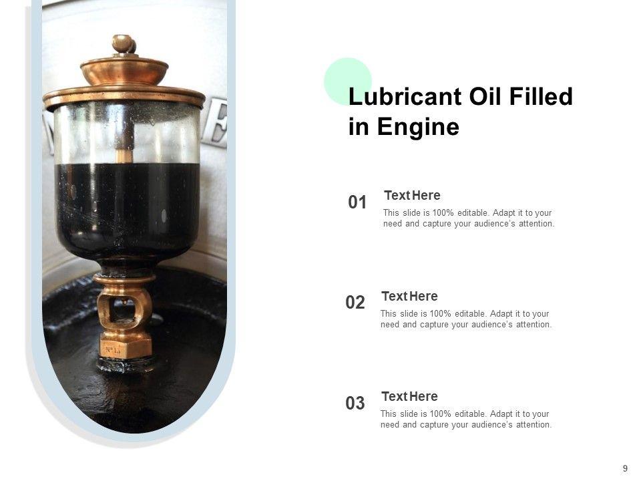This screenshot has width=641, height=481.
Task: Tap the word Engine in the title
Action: (418, 127)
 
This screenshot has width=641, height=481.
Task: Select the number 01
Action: (357, 202)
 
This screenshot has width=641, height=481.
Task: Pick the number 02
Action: (355, 303)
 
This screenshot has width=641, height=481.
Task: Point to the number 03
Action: (355, 404)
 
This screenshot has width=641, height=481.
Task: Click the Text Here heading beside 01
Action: (412, 196)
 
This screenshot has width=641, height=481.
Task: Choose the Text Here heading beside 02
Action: (409, 296)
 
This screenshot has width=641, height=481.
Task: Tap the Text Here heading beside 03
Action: (409, 396)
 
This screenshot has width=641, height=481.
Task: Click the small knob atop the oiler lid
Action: (124, 43)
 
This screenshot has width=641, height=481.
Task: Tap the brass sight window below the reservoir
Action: (124, 307)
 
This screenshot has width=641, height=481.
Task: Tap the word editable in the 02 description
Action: (471, 314)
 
